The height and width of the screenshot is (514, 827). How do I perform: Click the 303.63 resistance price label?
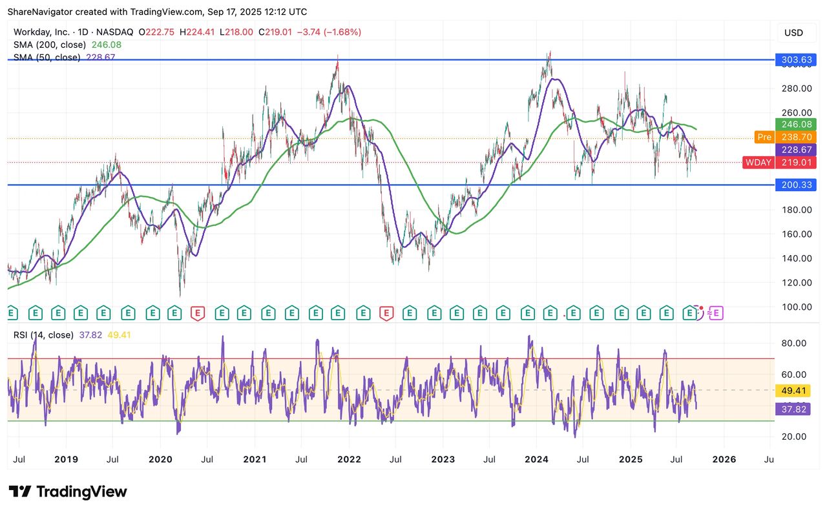coord(796,60)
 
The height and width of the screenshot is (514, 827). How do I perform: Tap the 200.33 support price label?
coord(796,185)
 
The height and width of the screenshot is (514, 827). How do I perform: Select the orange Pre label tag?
coord(764,137)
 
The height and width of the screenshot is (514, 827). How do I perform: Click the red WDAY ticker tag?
coord(758,162)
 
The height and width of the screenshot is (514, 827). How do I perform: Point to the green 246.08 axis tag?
coord(796,124)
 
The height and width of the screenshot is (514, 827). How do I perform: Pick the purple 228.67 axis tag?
coord(796,149)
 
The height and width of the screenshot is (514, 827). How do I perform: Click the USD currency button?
coord(793,33)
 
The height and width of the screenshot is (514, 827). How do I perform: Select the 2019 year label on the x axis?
coord(66,460)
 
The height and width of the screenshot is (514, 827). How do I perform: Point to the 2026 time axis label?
coord(724,460)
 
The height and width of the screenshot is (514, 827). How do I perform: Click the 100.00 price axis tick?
coord(796,307)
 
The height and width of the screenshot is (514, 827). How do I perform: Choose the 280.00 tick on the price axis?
coord(796,88)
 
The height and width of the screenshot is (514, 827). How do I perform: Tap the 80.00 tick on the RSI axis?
coord(793,343)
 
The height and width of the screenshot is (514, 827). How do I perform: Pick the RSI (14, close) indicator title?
coord(43,334)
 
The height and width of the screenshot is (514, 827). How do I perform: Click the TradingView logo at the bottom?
coord(68,491)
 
